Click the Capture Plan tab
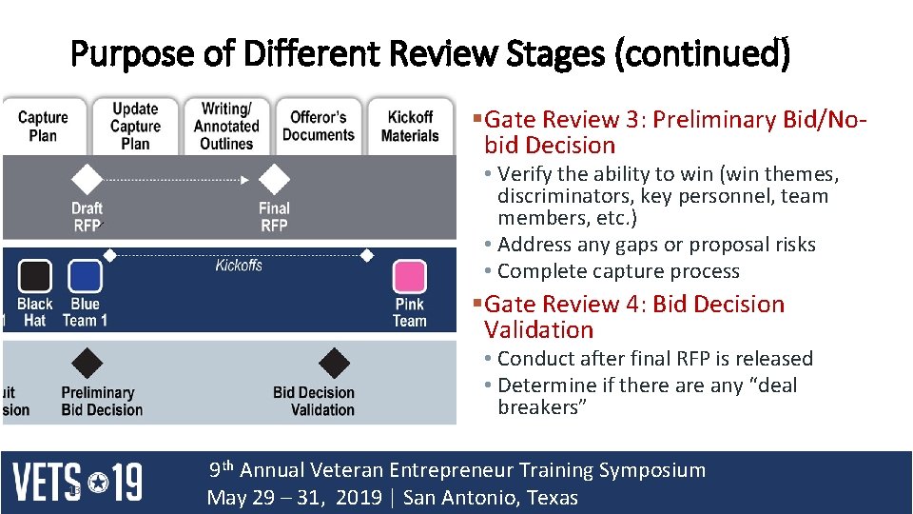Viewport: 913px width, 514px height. click(43, 127)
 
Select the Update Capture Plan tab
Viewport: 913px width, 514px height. click(135, 127)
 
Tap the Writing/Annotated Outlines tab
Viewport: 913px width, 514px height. click(226, 127)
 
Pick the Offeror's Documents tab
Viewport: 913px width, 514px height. click(318, 127)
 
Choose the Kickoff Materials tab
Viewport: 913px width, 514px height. click(410, 127)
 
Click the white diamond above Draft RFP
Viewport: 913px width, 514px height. click(87, 179)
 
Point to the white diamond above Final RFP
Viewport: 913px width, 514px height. click(274, 179)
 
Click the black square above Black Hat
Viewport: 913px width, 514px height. click(35, 277)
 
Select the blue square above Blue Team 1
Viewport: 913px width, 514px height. click(85, 277)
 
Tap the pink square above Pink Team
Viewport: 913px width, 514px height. click(410, 277)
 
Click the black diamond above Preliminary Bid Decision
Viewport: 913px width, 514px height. click(88, 363)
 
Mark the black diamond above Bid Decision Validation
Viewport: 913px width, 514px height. click(334, 363)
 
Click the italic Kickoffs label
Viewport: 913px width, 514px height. click(239, 266)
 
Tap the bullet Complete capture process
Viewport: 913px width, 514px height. click(617, 271)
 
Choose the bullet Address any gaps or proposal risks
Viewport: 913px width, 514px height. click(655, 245)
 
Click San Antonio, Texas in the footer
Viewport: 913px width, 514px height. click(490, 499)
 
